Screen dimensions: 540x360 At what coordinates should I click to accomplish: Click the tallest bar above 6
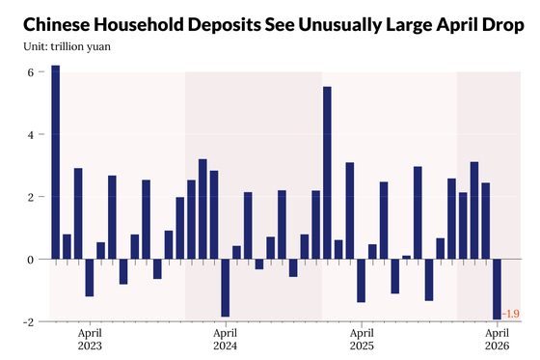coord(56,162)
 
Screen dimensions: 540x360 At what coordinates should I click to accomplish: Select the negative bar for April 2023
coord(90,278)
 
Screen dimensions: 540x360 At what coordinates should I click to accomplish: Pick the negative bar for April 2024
coord(226,288)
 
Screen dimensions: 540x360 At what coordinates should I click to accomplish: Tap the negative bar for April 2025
coord(361,281)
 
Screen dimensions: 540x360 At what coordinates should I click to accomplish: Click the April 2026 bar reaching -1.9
coord(497,289)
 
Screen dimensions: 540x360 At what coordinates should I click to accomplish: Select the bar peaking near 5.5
coord(327,173)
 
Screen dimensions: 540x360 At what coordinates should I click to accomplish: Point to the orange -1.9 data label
coord(511,314)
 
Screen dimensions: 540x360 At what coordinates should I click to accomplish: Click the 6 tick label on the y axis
coord(31,72)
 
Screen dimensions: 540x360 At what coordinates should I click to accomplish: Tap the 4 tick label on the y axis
coord(31,134)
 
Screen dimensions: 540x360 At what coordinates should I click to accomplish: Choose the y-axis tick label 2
coord(31,197)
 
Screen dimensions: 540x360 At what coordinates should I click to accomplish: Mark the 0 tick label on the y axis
coord(31,260)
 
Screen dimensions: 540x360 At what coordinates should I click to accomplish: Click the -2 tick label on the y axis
coord(29,322)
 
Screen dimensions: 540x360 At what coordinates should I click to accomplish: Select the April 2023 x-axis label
coord(90,340)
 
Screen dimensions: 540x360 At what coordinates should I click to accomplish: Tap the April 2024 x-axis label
coord(226,340)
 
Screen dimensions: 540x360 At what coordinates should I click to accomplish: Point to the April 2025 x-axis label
coord(362,340)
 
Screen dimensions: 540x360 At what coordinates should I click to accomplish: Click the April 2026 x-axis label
coord(497,340)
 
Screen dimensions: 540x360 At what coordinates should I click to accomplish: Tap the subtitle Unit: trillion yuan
coord(67,46)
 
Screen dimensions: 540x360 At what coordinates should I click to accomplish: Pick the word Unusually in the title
coord(339,26)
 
